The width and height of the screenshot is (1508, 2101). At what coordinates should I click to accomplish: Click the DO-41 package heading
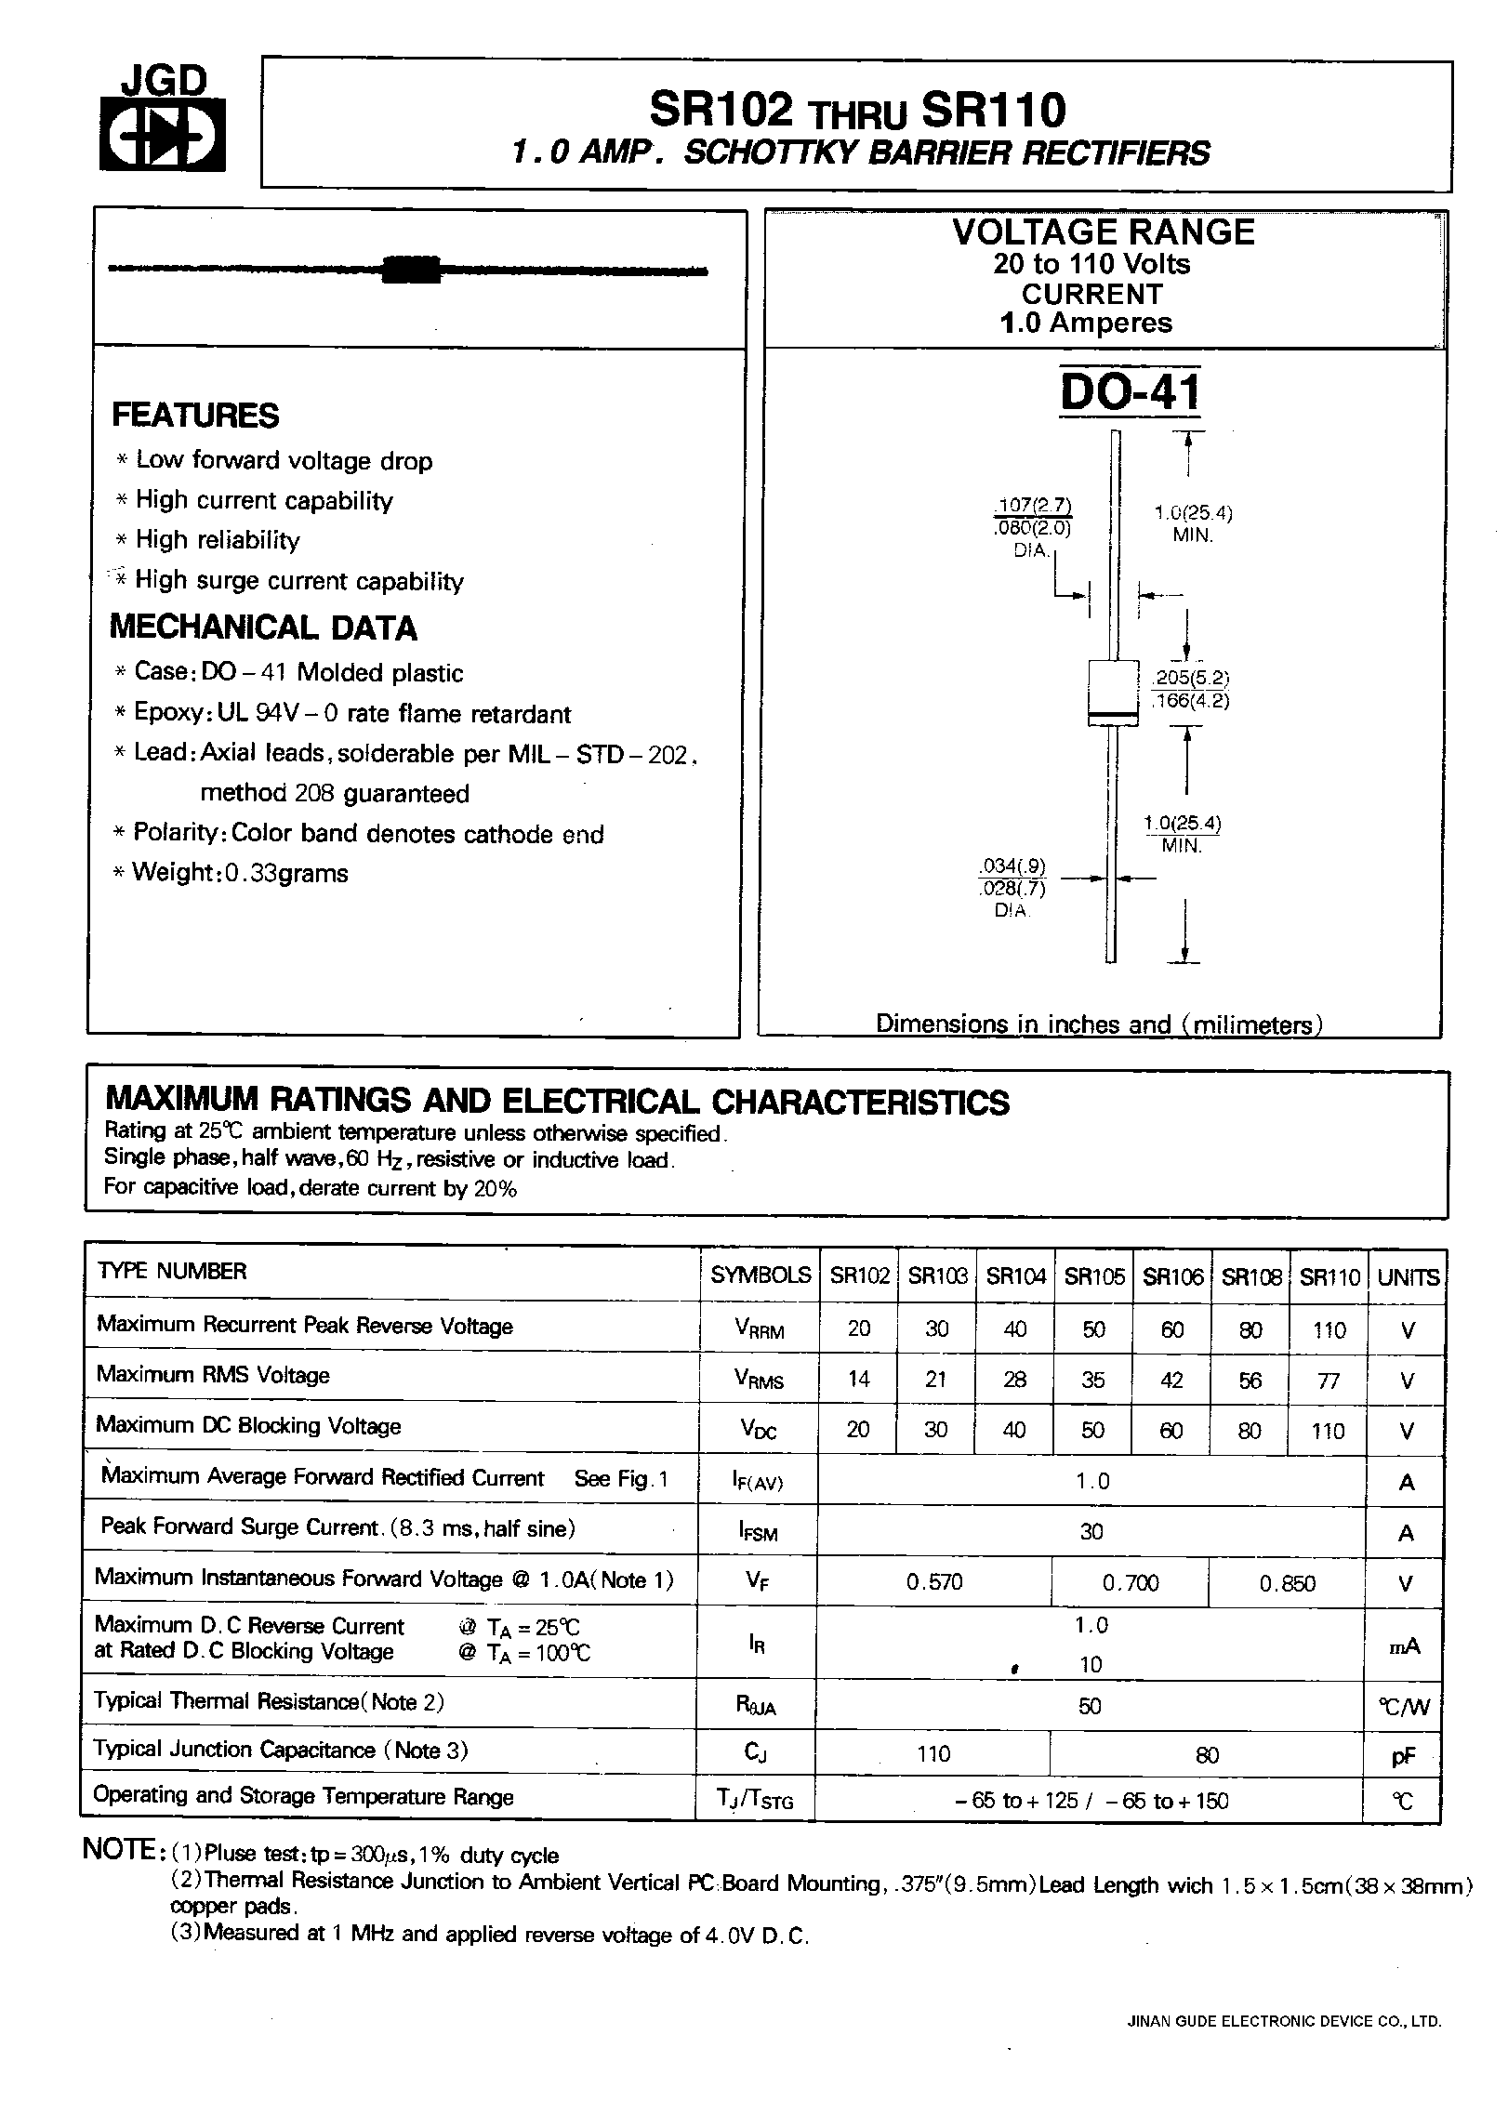[1130, 393]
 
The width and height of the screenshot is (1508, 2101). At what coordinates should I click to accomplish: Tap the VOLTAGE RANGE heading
[1104, 232]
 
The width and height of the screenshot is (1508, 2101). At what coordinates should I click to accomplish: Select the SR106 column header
[1172, 1276]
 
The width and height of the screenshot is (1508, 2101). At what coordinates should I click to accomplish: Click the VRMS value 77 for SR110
[1329, 1380]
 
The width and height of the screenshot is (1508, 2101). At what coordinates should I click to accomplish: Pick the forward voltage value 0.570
[934, 1581]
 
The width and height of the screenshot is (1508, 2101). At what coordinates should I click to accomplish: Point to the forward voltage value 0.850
[1288, 1582]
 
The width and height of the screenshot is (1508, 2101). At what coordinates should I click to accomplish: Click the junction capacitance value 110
[933, 1753]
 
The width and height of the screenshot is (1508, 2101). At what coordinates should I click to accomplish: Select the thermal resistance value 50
[1090, 1706]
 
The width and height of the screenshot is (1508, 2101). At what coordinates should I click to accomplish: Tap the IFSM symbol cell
[759, 1531]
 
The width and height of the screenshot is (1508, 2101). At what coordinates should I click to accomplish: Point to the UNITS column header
[1408, 1277]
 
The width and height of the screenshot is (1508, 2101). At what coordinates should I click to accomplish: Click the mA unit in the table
[1405, 1646]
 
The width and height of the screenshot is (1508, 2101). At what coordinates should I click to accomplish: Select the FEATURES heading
[195, 416]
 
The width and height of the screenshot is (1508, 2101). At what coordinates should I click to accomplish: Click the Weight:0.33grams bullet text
[240, 873]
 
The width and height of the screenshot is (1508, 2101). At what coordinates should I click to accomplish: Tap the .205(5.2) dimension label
[1190, 677]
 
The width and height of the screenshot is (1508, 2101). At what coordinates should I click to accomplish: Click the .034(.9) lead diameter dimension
[1012, 866]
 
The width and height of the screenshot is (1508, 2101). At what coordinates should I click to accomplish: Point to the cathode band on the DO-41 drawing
[1113, 714]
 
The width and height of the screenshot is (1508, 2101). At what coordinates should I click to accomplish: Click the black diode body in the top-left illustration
[411, 269]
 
